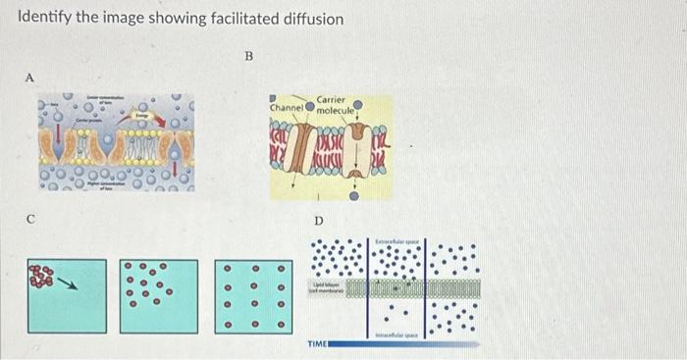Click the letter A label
click(30, 77)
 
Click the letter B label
click(248, 57)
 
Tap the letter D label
click(317, 223)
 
